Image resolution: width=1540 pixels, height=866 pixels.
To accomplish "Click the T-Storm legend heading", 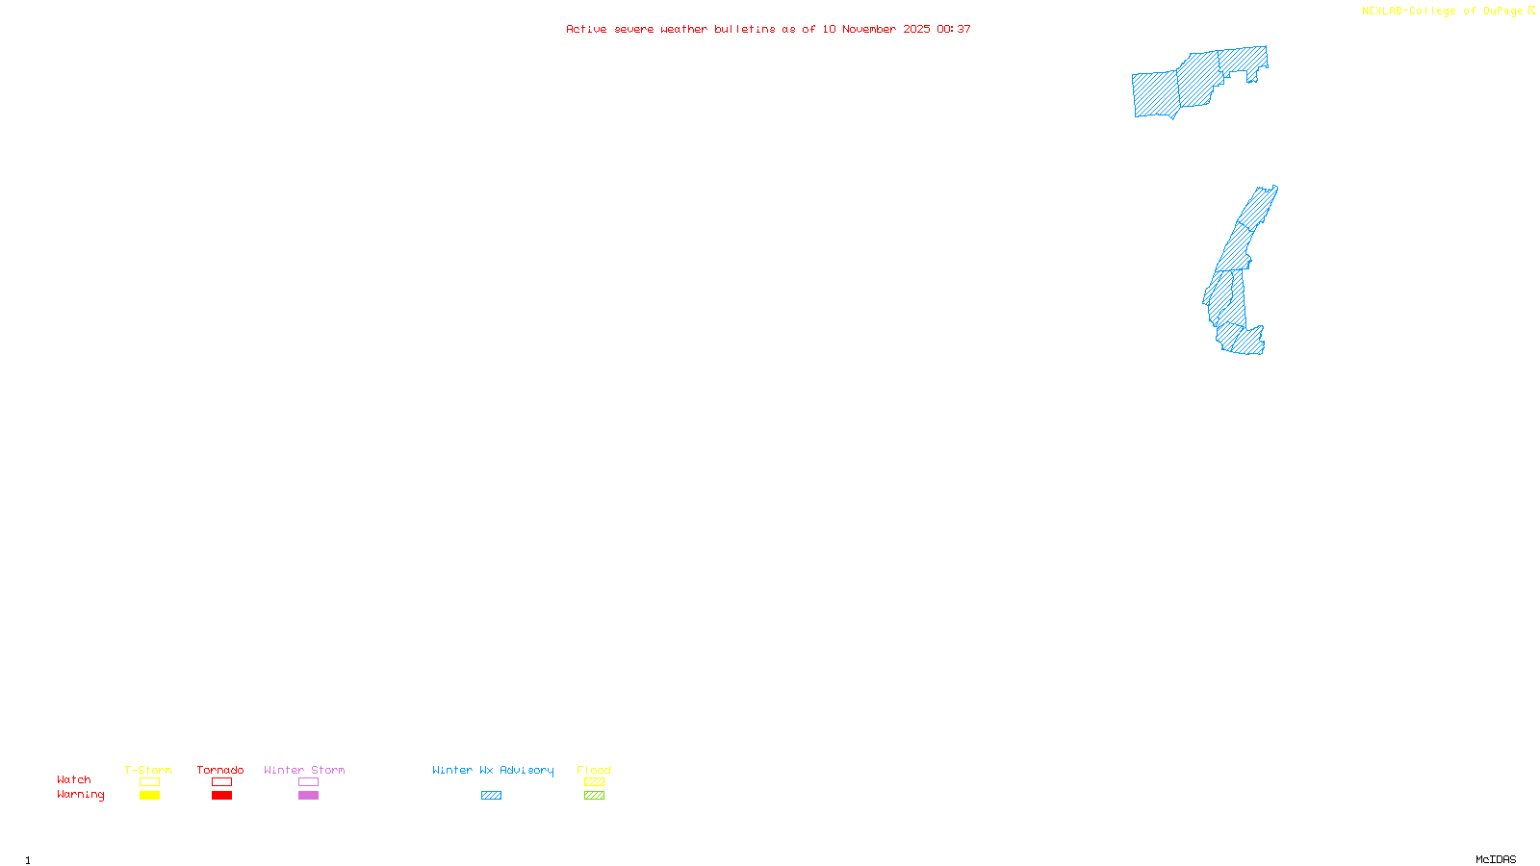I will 148,770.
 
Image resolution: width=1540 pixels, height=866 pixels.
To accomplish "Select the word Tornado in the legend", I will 220,770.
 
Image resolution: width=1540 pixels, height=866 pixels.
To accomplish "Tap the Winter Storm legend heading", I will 304,770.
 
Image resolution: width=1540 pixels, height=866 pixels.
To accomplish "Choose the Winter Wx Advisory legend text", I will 493,770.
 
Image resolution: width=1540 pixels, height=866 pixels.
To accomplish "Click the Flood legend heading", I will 594,770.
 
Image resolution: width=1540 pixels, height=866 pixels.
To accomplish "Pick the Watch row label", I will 74,779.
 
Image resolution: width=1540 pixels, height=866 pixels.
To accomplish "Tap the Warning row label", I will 81,795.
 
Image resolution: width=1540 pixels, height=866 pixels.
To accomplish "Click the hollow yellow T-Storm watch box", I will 149,782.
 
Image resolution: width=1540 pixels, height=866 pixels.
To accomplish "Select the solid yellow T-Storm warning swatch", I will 149,796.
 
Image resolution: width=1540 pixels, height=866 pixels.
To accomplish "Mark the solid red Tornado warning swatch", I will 222,796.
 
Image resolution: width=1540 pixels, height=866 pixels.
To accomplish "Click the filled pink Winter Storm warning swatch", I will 308,796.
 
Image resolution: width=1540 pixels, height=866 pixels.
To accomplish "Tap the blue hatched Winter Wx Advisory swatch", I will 491,796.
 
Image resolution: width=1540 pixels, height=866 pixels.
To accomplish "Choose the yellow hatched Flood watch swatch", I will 594,782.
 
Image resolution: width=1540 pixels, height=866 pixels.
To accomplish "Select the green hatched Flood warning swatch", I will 594,796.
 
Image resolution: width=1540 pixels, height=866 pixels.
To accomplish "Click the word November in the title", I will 869,29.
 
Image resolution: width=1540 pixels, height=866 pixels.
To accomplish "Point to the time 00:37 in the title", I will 954,29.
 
